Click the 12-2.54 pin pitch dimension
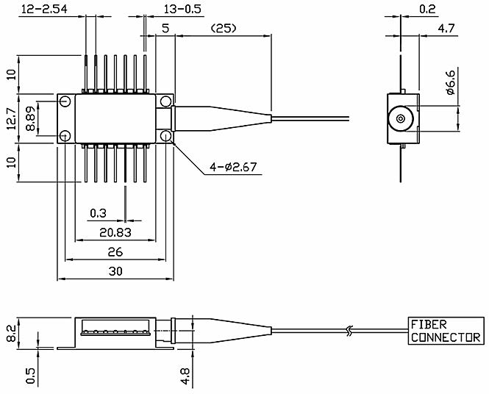44,9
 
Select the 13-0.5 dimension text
182,9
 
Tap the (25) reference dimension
224,29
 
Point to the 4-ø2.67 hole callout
233,167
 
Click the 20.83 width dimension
115,232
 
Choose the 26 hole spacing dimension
115,252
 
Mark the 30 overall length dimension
115,271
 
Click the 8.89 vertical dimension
31,118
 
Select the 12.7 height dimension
11,118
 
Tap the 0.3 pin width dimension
98,213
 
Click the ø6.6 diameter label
451,82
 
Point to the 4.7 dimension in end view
446,29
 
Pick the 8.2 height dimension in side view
11,334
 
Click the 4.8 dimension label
185,376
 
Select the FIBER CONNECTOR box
446,331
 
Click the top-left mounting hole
65,101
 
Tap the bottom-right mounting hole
165,136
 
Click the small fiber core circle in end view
401,119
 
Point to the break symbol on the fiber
350,331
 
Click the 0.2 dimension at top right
427,9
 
